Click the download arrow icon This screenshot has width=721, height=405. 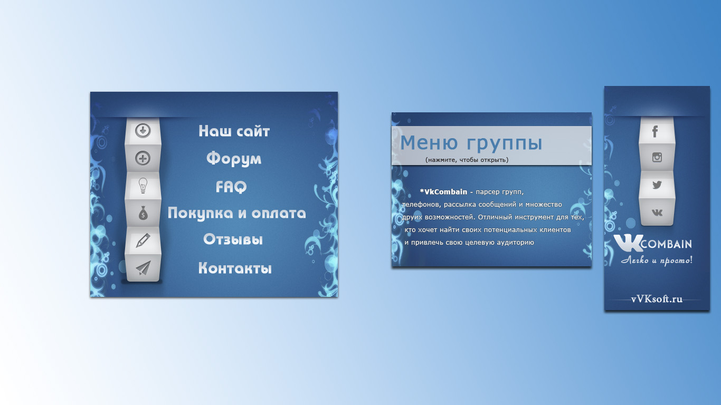(x=143, y=131)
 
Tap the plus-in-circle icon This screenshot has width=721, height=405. (x=143, y=158)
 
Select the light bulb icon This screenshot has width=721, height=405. (x=143, y=186)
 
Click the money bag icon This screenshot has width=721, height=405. (x=143, y=213)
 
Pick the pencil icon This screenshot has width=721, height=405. (x=143, y=240)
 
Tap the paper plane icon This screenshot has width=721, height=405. (x=143, y=268)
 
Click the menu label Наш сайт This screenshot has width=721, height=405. (x=234, y=131)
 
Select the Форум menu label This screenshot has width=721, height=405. (x=234, y=159)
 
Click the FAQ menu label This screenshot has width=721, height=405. (x=231, y=187)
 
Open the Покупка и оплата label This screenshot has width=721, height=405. (x=236, y=214)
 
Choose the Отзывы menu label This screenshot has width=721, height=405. (x=233, y=239)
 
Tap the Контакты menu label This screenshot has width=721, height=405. (x=235, y=268)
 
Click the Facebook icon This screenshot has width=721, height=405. (x=656, y=131)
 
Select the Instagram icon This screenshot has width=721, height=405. (x=657, y=157)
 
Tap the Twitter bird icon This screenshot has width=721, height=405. (x=657, y=185)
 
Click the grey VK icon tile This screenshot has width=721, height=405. (x=657, y=213)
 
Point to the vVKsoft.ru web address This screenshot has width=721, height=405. (x=657, y=299)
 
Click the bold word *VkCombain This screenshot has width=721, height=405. (x=443, y=192)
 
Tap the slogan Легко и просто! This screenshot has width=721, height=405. (x=657, y=260)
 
